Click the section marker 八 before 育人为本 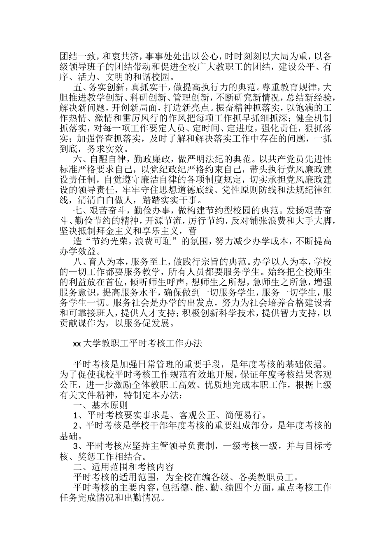(x=77, y=261)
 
